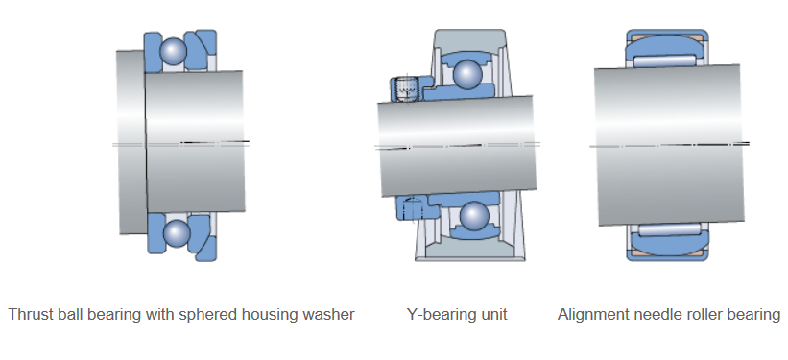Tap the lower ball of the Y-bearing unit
pyautogui.click(x=472, y=215)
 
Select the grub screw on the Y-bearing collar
pyautogui.click(x=406, y=90)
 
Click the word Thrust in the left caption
pyautogui.click(x=29, y=314)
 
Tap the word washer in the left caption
pyautogui.click(x=329, y=314)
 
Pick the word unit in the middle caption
pyautogui.click(x=493, y=314)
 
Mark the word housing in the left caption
pyautogui.click(x=276, y=314)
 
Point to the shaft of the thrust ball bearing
pyautogui.click(x=192, y=144)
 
